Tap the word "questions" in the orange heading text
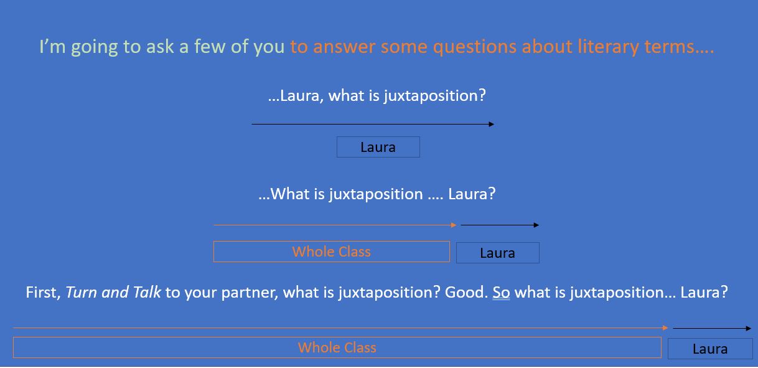(475, 47)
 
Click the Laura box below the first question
(378, 147)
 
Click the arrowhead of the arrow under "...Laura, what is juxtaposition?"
(492, 125)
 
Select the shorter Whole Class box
(332, 252)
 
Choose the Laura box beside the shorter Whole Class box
(498, 253)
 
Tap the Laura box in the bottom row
(710, 349)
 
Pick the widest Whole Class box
(337, 347)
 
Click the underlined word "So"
(501, 293)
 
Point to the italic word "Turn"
(80, 293)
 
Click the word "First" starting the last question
(43, 293)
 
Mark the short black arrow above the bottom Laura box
(712, 328)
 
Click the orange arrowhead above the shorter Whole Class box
(454, 225)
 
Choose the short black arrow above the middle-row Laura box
(500, 225)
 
